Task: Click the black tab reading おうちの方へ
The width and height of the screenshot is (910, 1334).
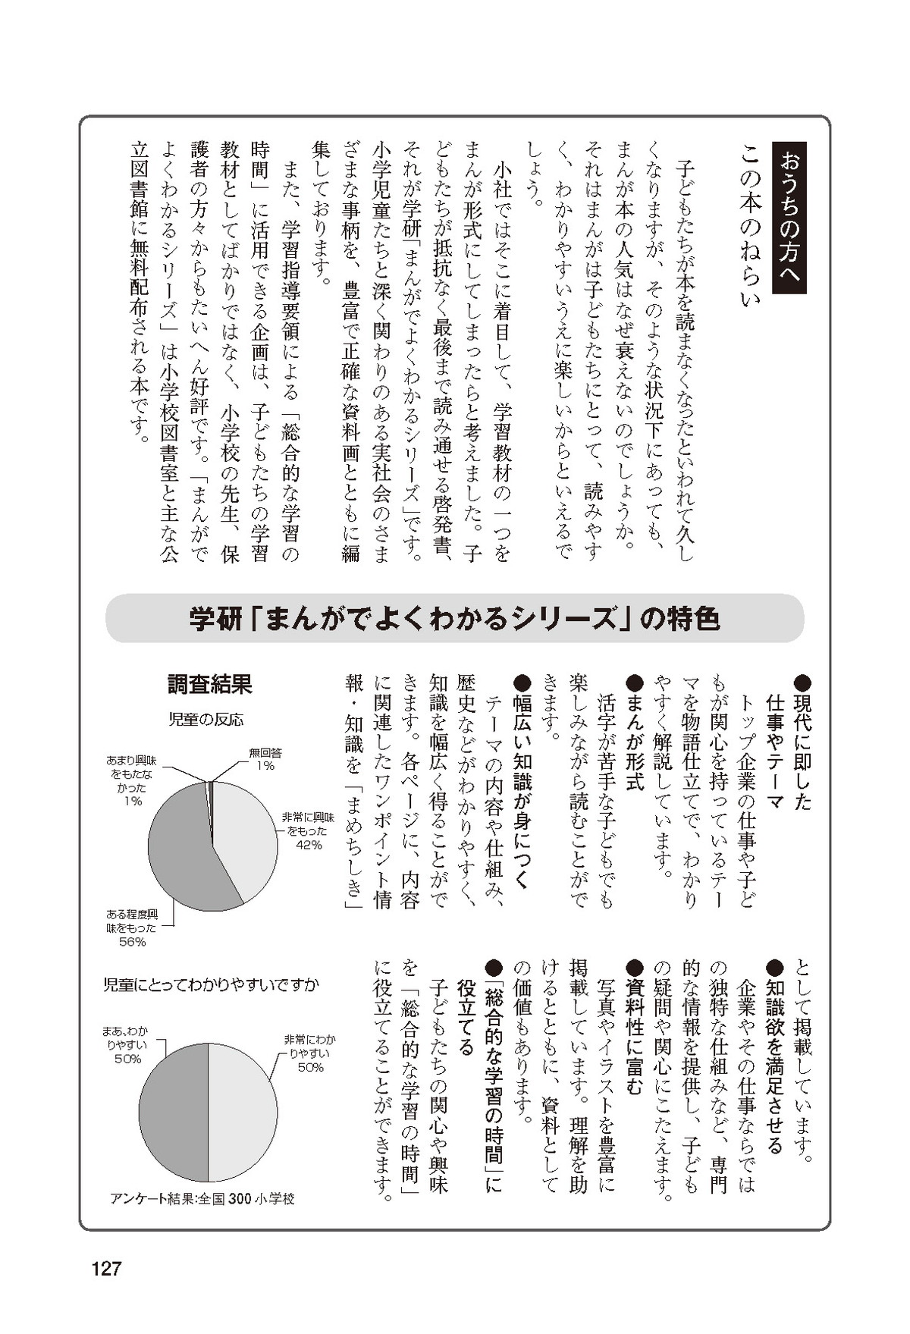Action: (789, 218)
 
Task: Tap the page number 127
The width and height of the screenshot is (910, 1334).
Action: (106, 1268)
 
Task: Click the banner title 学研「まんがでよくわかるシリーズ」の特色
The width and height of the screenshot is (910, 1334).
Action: (454, 619)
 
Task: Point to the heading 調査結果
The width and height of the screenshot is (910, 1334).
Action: (210, 685)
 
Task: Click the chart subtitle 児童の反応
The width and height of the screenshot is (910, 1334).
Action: (206, 719)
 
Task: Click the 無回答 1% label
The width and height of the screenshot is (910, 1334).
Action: (265, 759)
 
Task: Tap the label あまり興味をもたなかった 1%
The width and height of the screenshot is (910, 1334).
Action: (130, 780)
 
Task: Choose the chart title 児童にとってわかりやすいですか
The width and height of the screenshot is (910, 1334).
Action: (212, 985)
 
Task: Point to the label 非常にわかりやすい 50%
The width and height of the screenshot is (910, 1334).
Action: (309, 1053)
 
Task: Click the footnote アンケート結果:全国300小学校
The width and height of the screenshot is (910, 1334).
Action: (202, 1198)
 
